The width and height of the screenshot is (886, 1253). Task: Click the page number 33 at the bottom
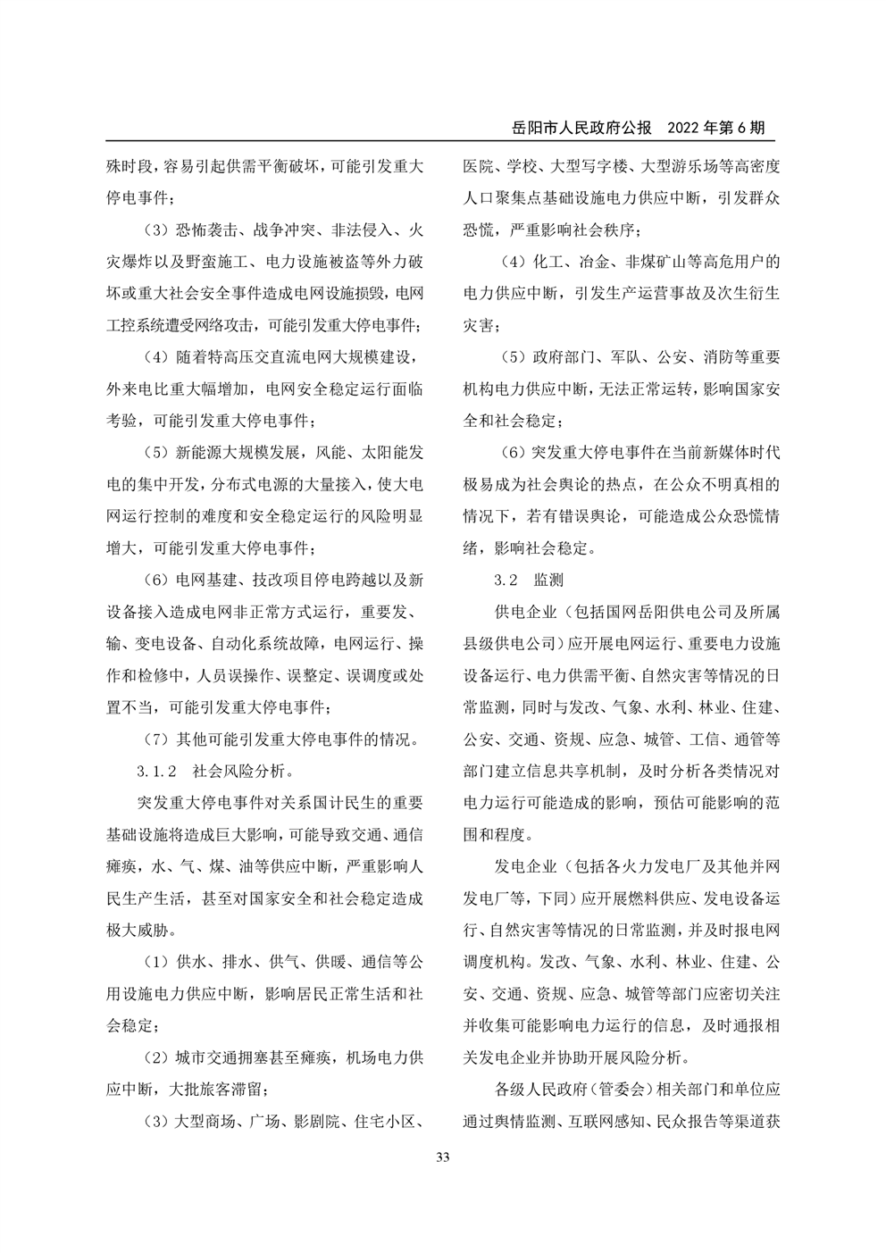443,1158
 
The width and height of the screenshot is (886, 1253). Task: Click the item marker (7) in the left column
157,739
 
